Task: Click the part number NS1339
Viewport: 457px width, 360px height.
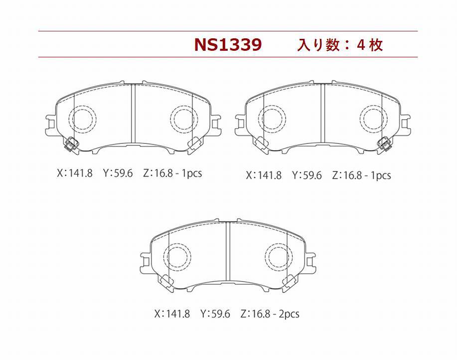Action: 228,45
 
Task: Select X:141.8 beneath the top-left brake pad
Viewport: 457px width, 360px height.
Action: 75,173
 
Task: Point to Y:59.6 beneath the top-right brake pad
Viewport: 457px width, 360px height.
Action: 307,175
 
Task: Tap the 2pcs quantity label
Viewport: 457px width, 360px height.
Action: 289,314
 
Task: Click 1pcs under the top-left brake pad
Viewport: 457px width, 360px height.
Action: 192,174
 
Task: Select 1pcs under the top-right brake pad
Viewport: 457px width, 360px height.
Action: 381,176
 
